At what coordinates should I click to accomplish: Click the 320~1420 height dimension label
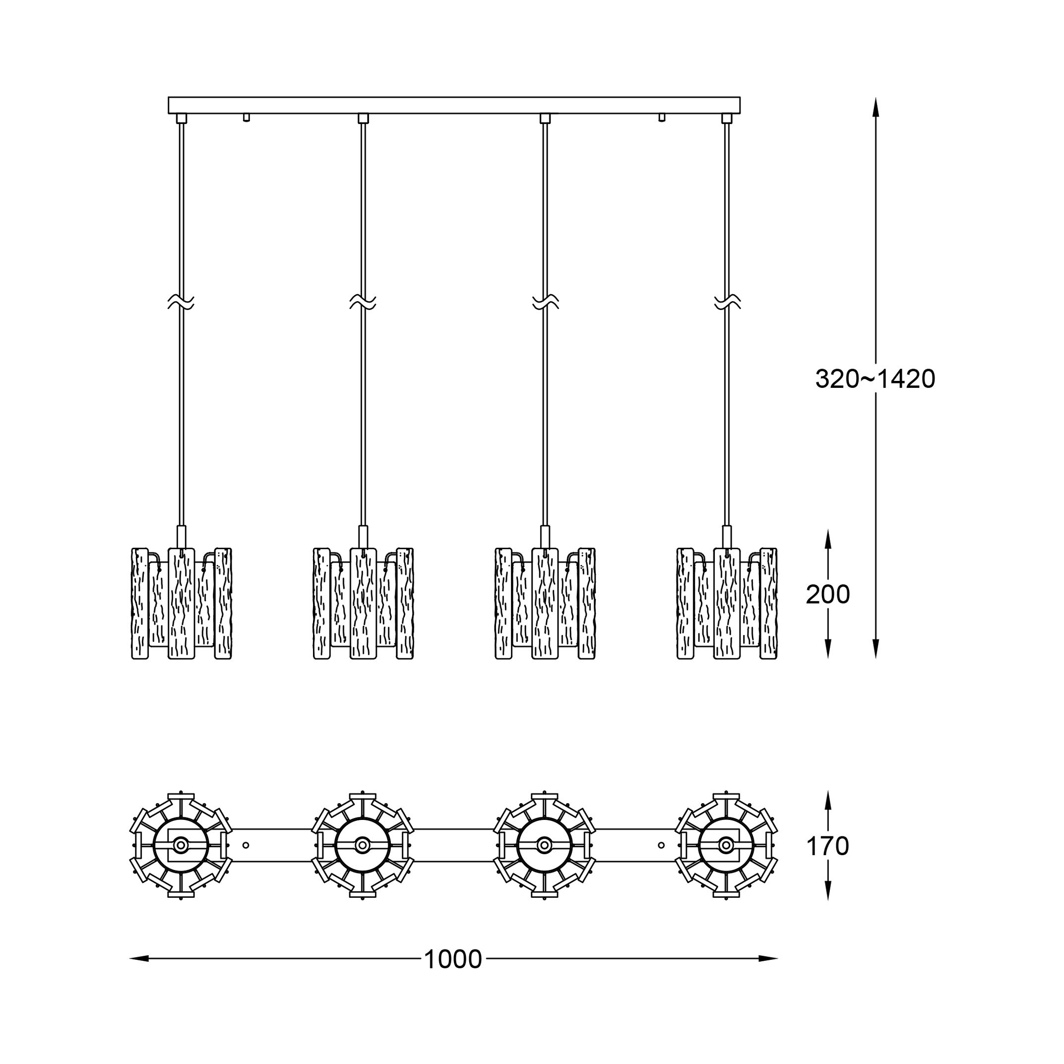(x=875, y=379)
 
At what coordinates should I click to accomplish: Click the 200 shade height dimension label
(x=828, y=594)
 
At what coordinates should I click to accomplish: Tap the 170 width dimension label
(x=827, y=846)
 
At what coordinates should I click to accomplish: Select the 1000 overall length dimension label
(x=453, y=959)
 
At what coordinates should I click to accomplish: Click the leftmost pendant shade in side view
(x=181, y=603)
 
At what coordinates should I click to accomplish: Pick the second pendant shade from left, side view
(x=363, y=603)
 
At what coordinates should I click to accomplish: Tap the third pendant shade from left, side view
(x=545, y=603)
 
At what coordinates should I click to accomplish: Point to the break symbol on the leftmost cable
(x=181, y=302)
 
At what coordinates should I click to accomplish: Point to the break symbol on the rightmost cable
(x=727, y=302)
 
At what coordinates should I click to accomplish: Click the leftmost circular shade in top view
(x=181, y=845)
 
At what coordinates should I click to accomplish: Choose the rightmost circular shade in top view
(x=726, y=845)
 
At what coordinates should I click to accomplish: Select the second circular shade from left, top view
(x=363, y=845)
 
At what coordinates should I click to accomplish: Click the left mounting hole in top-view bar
(x=246, y=845)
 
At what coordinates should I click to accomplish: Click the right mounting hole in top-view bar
(x=661, y=845)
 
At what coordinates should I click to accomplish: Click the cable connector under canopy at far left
(x=181, y=119)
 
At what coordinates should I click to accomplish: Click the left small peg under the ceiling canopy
(x=246, y=117)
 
